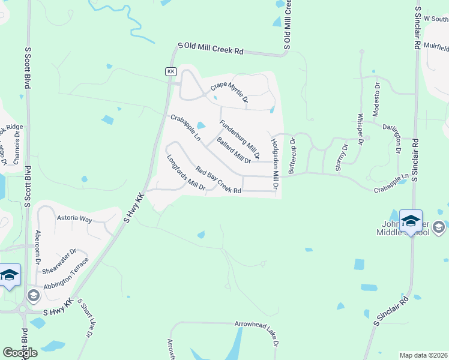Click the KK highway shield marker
tap(171, 71)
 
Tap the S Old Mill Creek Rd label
tap(210, 49)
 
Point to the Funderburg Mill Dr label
tap(239, 139)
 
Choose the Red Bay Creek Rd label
tap(218, 181)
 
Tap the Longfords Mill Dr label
tap(186, 174)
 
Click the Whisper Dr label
tap(361, 129)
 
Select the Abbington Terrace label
tap(66, 274)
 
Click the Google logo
tap(20, 353)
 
